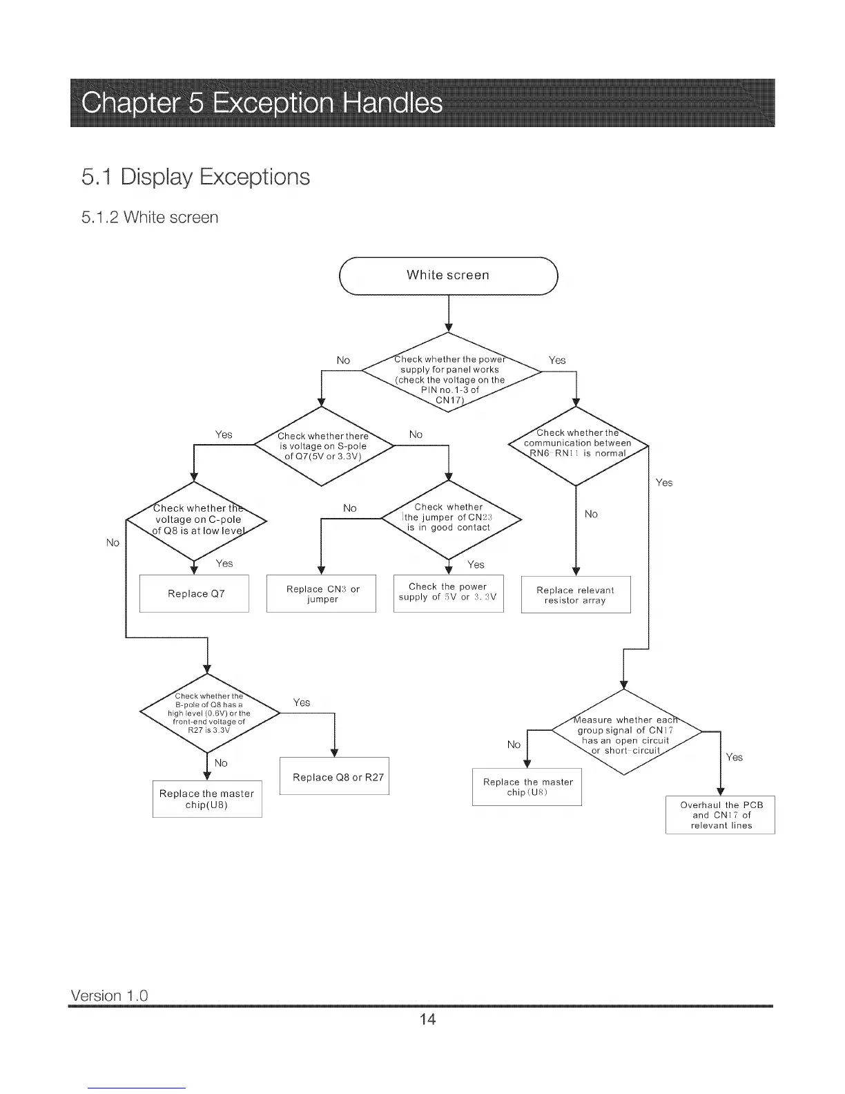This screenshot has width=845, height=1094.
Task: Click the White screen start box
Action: pos(449,276)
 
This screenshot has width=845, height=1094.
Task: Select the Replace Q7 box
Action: pos(195,593)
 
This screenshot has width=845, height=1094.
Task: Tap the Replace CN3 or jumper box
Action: pos(322,593)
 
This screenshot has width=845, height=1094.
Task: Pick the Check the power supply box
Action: pos(448,593)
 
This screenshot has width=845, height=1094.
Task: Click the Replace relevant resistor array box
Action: pos(575,595)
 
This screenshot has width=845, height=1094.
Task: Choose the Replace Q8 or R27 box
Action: pos(335,776)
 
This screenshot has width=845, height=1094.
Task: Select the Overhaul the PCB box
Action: pos(720,815)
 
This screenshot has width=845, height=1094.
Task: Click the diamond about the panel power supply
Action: pos(450,374)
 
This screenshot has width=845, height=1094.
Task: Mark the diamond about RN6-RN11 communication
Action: pos(577,444)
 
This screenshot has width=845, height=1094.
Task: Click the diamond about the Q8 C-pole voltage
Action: pos(196,519)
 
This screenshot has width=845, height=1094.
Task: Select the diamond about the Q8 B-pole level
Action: pos(208,712)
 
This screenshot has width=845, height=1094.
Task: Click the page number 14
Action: pos(427,1019)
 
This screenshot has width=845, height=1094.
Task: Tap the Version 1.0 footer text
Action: pos(109,995)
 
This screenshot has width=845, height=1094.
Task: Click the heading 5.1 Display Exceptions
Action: pos(195,177)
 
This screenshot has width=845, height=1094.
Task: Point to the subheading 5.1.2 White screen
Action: pos(149,218)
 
